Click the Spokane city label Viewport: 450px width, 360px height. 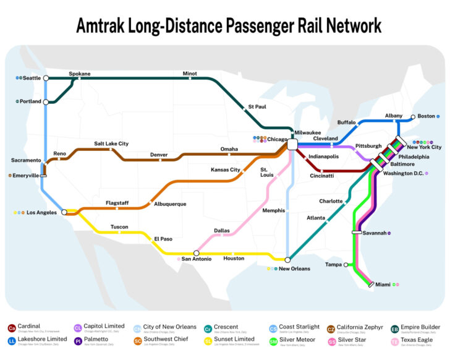pyautogui.click(x=79, y=74)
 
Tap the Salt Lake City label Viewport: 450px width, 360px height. pyautogui.click(x=111, y=144)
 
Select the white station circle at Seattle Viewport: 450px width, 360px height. pyautogui.click(x=46, y=79)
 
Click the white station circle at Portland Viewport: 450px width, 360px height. pyautogui.click(x=46, y=101)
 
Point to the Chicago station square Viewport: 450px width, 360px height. pyautogui.click(x=293, y=144)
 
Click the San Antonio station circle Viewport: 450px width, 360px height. pyautogui.click(x=196, y=253)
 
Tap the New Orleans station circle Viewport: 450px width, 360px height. pyautogui.click(x=287, y=259)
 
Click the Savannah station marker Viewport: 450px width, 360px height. pyautogui.click(x=357, y=233)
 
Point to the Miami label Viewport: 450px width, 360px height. pyautogui.click(x=383, y=285)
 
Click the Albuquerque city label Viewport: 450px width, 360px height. pyautogui.click(x=170, y=204)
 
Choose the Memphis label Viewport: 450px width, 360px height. pyautogui.click(x=273, y=211)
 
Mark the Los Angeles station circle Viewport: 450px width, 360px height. pyautogui.click(x=64, y=212)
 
